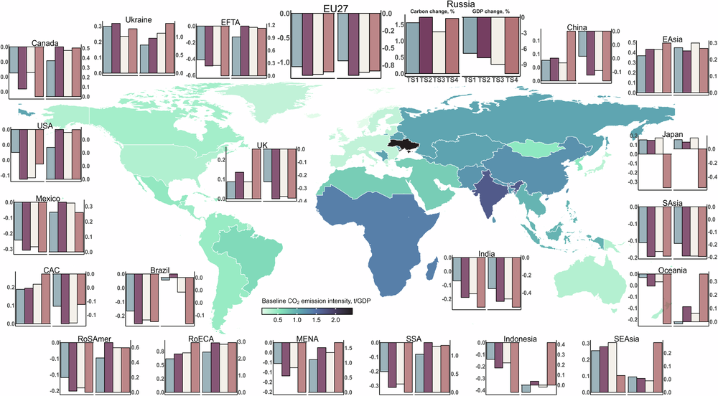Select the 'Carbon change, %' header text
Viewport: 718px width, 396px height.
(x=430, y=13)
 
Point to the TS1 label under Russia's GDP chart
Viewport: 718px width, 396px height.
(x=470, y=78)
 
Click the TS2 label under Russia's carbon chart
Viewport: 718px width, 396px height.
(x=426, y=78)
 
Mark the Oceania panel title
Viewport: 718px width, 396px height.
(x=672, y=270)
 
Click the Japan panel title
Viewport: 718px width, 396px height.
(x=673, y=134)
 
